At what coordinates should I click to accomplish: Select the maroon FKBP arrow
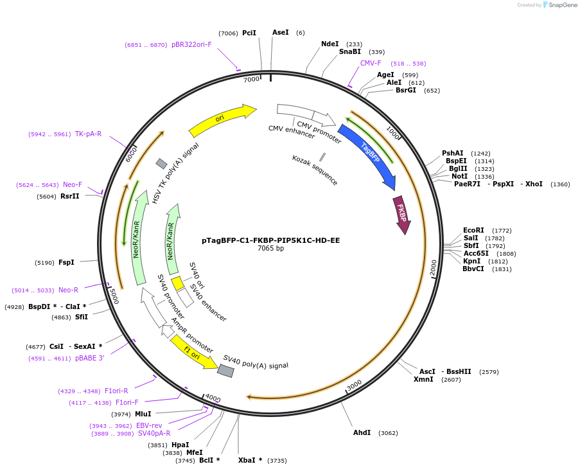click(401, 214)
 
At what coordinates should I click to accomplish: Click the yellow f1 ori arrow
click(193, 353)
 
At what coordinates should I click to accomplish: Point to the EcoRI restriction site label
click(473, 230)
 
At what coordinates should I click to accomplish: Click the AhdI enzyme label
click(362, 432)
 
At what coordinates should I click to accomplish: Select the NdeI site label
click(330, 44)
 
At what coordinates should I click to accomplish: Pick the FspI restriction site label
click(66, 262)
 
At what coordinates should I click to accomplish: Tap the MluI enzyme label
click(143, 414)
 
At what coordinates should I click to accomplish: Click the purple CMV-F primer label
click(371, 63)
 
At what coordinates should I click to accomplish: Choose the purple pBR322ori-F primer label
click(191, 45)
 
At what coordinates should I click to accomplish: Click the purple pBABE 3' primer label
click(89, 358)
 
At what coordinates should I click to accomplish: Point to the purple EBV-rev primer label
click(149, 425)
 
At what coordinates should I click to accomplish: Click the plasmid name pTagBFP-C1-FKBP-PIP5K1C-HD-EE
click(270, 240)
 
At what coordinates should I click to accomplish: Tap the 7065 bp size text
click(270, 249)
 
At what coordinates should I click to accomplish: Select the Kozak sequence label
click(315, 170)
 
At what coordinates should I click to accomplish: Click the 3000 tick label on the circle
click(355, 386)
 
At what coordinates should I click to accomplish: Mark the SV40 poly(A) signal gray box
click(225, 371)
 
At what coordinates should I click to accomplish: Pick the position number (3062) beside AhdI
click(388, 433)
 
